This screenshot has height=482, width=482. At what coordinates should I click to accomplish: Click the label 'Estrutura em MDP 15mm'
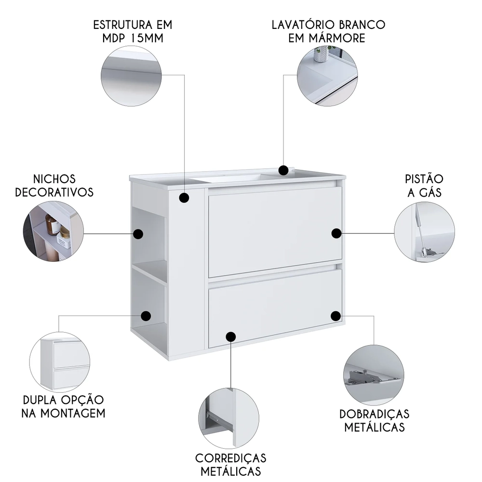click(x=133, y=31)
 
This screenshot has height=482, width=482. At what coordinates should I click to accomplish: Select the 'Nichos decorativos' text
click(x=54, y=186)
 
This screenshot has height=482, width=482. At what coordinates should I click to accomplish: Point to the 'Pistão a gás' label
click(x=423, y=186)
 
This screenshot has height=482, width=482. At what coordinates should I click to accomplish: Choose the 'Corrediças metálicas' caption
click(x=230, y=464)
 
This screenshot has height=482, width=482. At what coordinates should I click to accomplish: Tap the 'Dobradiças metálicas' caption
click(x=374, y=420)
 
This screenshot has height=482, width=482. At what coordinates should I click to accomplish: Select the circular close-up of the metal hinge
click(x=374, y=374)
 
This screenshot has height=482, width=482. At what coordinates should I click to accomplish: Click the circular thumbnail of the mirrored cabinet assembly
click(x=59, y=362)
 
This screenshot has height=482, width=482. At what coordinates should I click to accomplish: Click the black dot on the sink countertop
click(x=284, y=170)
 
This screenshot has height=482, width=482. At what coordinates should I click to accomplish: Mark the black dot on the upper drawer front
click(x=336, y=233)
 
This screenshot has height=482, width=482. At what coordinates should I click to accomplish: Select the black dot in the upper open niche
click(x=138, y=234)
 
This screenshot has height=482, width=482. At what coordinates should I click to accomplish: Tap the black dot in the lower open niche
click(x=146, y=316)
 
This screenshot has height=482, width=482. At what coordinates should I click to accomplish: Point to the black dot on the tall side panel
click(x=184, y=198)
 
